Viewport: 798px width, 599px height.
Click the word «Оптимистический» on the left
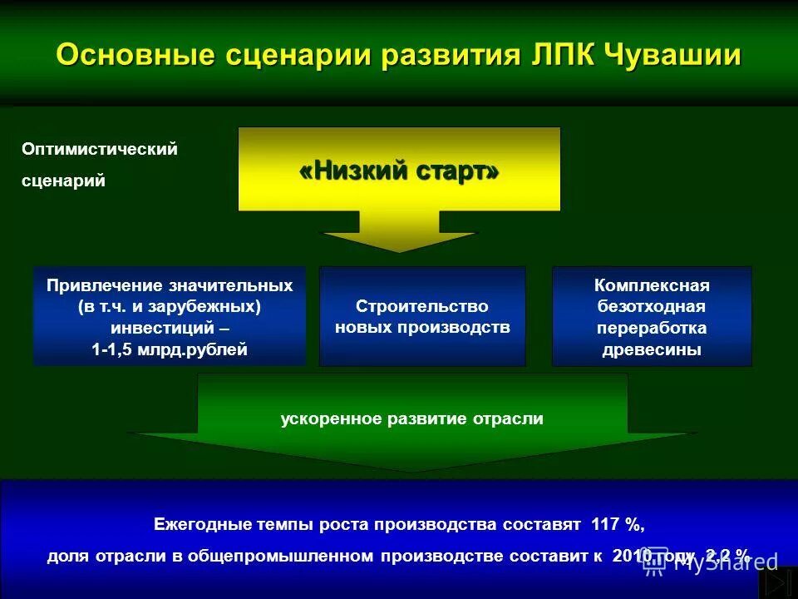100,150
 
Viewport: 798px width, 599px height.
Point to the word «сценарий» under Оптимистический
63,181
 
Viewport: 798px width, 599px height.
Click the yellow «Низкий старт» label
399,172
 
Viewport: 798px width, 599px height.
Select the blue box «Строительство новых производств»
422,316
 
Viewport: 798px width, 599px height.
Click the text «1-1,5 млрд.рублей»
170,349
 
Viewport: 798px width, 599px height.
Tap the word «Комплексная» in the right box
652,285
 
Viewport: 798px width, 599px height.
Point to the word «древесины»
652,349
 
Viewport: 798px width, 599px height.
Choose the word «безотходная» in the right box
652,306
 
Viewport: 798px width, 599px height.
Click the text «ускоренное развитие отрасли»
412,419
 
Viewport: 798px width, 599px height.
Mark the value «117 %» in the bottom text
617,525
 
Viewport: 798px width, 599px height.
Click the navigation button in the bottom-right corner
779,582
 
